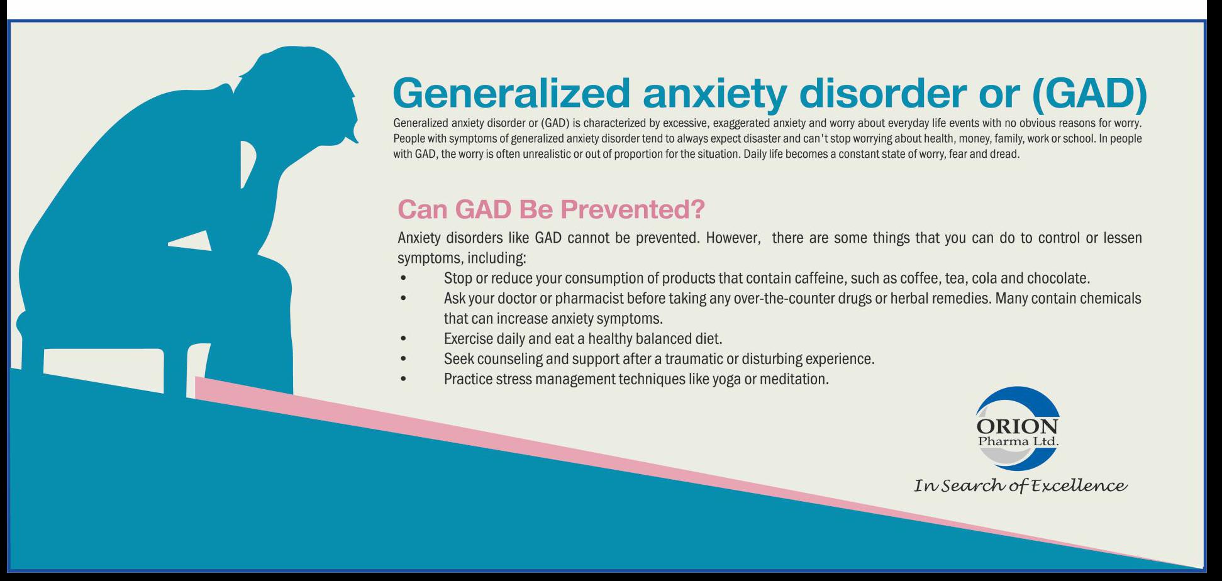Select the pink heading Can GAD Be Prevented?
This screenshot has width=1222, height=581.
coord(552,209)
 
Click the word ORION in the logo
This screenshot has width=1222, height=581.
coord(1017,426)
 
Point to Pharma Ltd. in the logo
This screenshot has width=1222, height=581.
coord(1018,441)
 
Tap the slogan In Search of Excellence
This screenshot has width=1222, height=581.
coord(1020,485)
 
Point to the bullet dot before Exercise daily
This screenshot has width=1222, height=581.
coord(403,339)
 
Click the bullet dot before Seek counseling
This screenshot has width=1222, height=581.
coord(403,359)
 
